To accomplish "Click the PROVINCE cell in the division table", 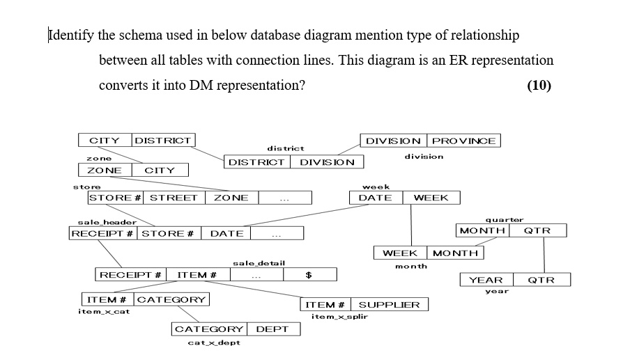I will (463, 141).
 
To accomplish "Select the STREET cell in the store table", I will (174, 198).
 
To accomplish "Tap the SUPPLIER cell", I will (389, 304).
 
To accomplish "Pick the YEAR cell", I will (486, 280).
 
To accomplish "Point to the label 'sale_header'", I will (97, 221).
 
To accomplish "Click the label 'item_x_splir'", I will (339, 317).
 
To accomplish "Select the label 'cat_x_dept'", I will (214, 342).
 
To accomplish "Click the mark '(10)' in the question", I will (539, 85).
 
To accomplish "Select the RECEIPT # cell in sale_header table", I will (103, 233).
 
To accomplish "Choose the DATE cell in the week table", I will (375, 198).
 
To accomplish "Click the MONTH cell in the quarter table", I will (482, 230).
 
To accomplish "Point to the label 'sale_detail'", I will (258, 263).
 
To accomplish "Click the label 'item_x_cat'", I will (104, 311).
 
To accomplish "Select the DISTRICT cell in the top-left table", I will (162, 141).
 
